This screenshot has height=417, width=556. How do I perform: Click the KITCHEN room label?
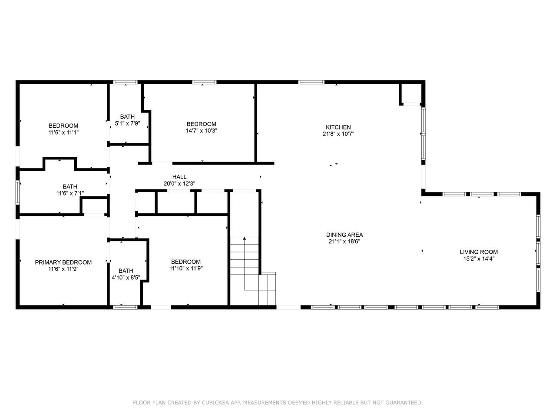point(338,127)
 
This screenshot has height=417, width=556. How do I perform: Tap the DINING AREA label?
point(344,235)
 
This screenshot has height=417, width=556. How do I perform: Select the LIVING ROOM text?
point(479,252)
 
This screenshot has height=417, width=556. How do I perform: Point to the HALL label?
point(179,177)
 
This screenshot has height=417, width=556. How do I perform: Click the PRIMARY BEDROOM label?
point(63,262)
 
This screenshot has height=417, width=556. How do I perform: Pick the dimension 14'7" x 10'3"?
point(202,131)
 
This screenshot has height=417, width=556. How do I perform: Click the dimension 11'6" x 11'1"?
point(63,132)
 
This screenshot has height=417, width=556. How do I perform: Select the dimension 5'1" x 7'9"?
point(127,123)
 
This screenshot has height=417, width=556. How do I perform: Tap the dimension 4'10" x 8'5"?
point(126,278)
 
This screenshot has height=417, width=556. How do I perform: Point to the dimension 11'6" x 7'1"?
point(70,193)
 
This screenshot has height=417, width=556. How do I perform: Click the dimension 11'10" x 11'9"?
point(186,268)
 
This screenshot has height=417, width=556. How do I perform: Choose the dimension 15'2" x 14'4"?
point(479,258)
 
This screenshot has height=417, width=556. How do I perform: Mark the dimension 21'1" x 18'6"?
point(344,241)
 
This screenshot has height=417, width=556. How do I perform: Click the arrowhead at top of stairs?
point(244,238)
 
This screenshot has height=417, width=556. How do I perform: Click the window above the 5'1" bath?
point(125,82)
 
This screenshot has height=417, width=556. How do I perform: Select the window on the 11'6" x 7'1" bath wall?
point(18,192)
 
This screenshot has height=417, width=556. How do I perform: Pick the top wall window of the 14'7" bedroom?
point(204,82)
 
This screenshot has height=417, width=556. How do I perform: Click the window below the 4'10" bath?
point(125,308)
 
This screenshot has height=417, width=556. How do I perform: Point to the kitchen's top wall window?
point(311,82)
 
